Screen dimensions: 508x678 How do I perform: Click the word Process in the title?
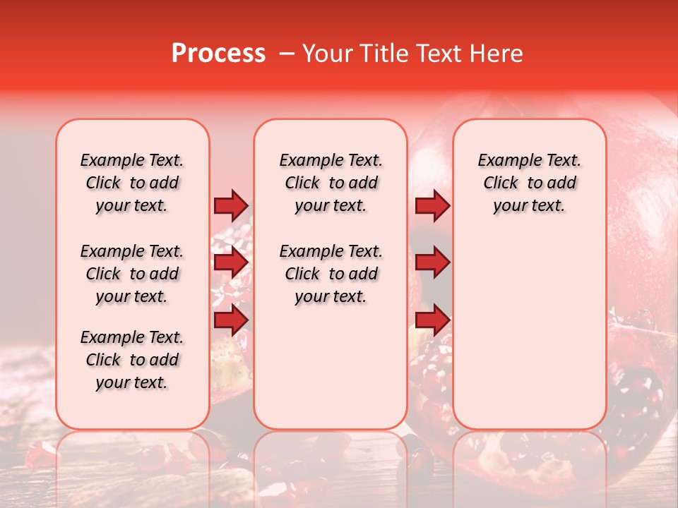pyautogui.click(x=218, y=54)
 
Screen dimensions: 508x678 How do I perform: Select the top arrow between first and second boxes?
pyautogui.click(x=231, y=205)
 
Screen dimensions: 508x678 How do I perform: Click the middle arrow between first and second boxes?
pyautogui.click(x=231, y=263)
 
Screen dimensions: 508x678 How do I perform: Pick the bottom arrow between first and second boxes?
pyautogui.click(x=231, y=320)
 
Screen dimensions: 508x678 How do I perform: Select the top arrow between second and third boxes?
pyautogui.click(x=432, y=205)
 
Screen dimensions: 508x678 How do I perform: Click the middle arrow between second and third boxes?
pyautogui.click(x=432, y=263)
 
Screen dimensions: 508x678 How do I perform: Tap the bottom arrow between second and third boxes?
pyautogui.click(x=432, y=320)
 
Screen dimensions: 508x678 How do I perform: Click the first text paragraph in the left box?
pyautogui.click(x=132, y=183)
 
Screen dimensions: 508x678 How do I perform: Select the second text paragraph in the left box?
pyautogui.click(x=132, y=274)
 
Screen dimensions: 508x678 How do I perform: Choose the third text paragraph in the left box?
pyautogui.click(x=132, y=360)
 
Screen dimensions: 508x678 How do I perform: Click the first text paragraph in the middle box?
pyautogui.click(x=331, y=183)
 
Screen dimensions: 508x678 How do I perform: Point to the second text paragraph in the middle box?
pyautogui.click(x=331, y=274)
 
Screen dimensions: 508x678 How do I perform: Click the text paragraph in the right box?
pyautogui.click(x=530, y=183)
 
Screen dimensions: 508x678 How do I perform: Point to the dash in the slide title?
pyautogui.click(x=286, y=54)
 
